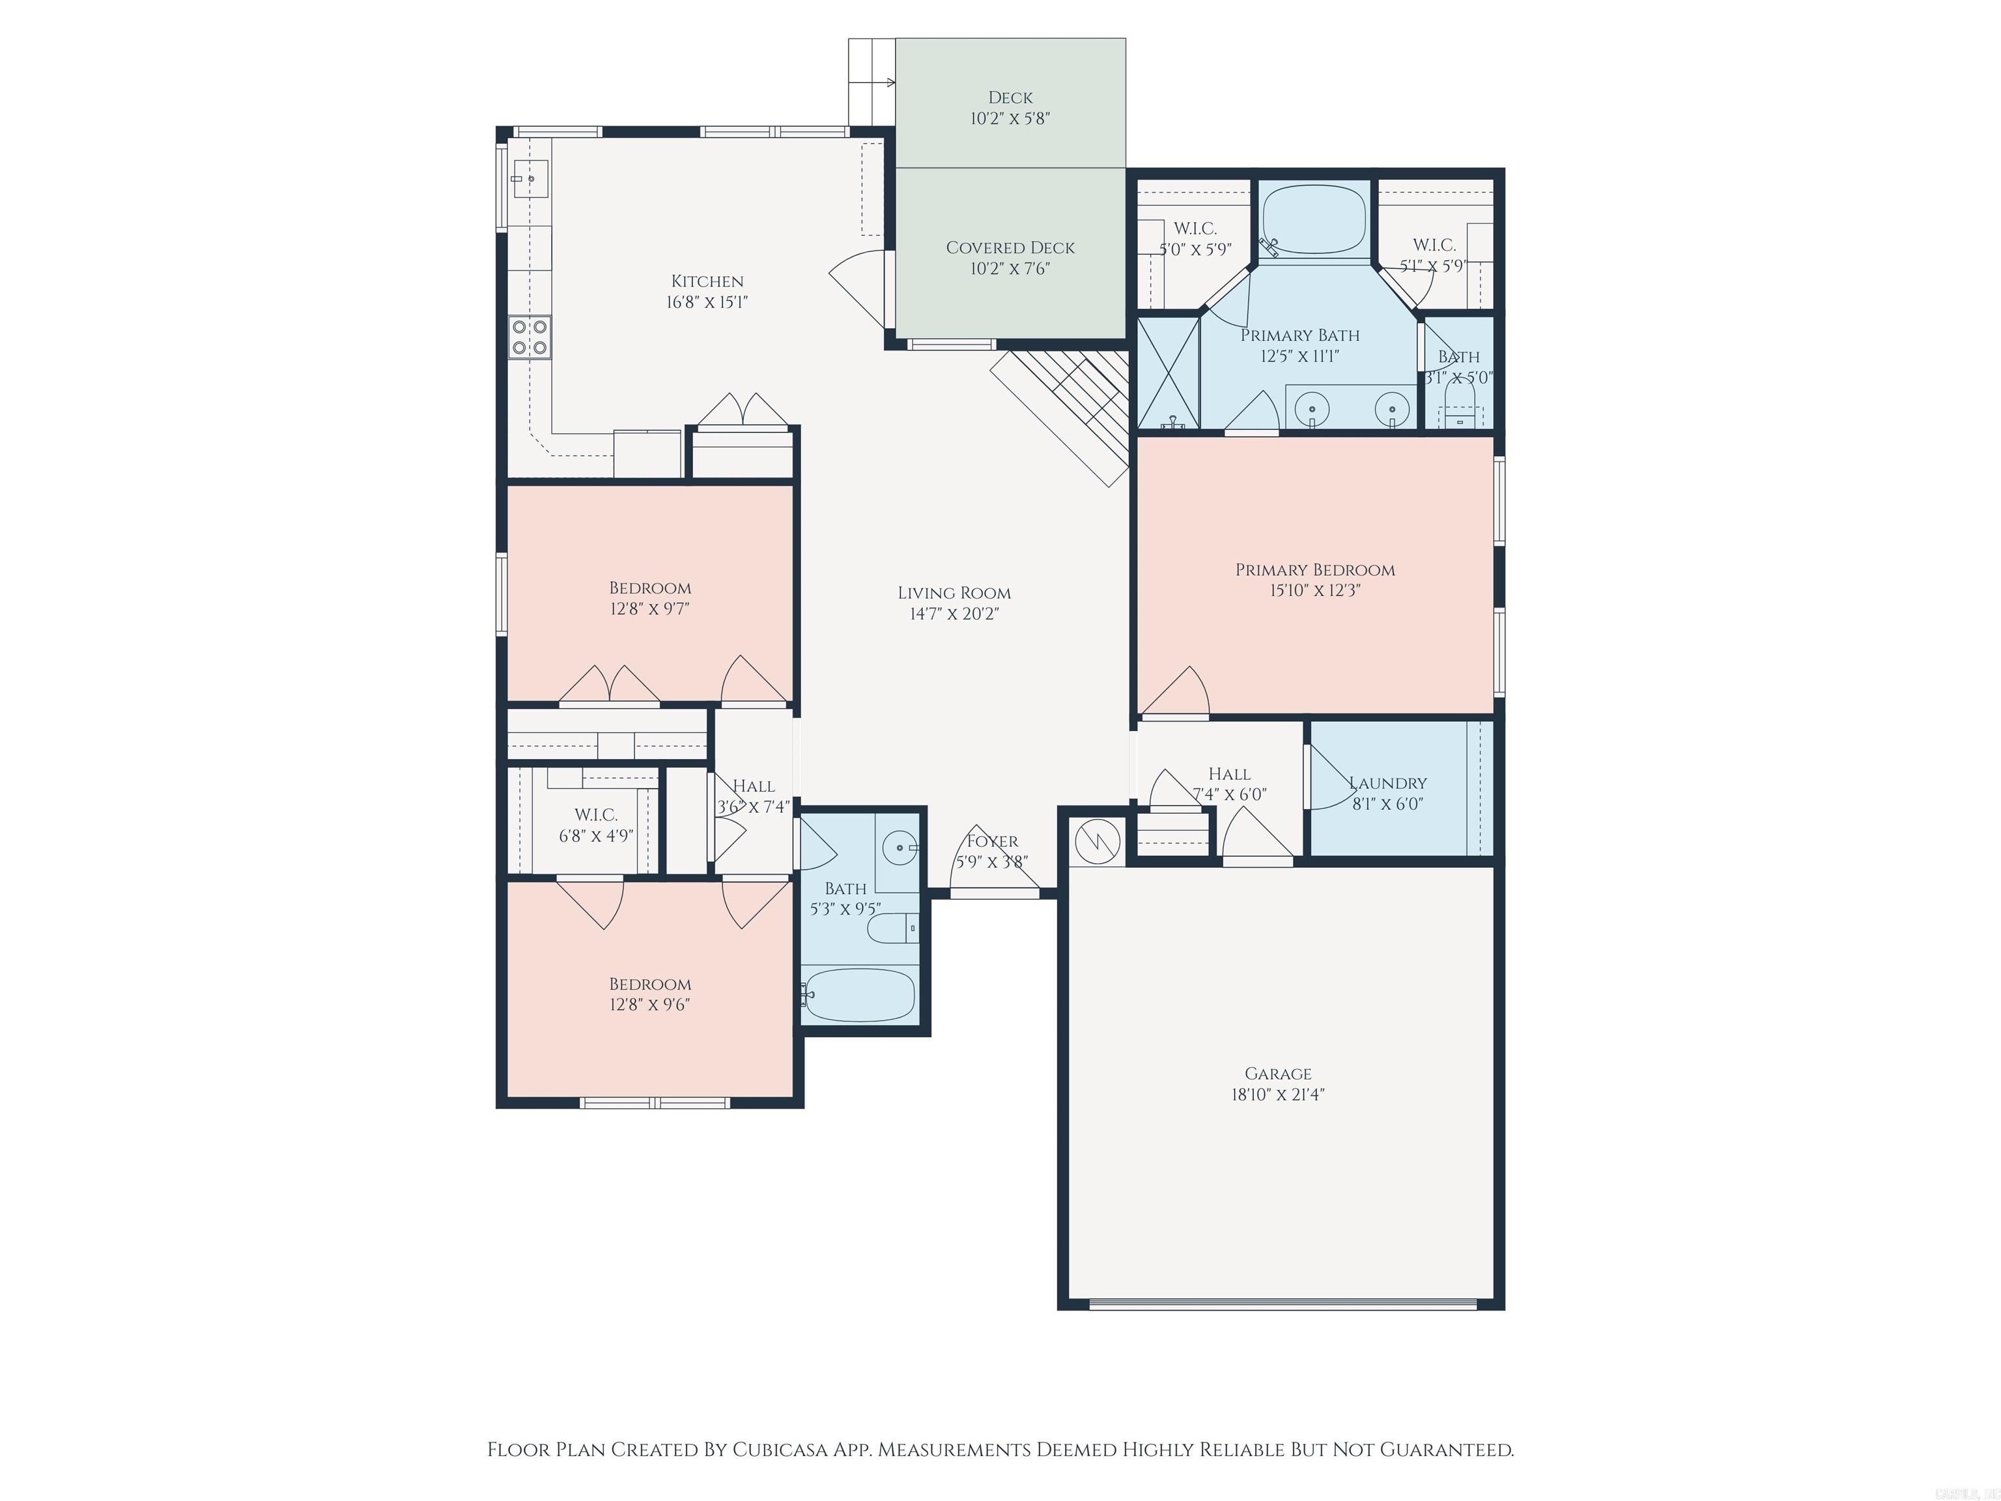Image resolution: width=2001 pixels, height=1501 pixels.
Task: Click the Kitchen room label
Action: [707, 281]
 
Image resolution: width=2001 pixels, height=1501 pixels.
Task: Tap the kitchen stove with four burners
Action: [529, 337]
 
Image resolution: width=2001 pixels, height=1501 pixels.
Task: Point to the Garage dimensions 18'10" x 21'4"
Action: [1277, 1094]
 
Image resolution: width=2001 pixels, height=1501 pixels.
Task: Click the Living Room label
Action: [954, 593]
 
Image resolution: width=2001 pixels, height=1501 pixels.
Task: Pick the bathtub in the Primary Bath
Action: [1314, 220]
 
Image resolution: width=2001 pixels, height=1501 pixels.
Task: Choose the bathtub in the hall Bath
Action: [859, 995]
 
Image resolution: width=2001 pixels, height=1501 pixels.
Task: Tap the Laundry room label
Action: [1387, 782]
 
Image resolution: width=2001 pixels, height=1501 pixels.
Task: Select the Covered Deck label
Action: [1010, 247]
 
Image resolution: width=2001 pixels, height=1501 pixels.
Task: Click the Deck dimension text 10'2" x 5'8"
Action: [1010, 119]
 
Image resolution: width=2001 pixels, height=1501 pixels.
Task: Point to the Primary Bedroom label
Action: [1314, 569]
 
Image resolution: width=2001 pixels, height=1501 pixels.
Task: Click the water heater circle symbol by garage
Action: [1096, 842]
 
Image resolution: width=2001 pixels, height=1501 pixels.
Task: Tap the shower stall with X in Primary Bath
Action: [1168, 372]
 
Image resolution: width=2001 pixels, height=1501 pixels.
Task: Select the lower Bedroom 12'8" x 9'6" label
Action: [649, 984]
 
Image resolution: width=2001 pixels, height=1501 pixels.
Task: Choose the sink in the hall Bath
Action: [901, 848]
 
